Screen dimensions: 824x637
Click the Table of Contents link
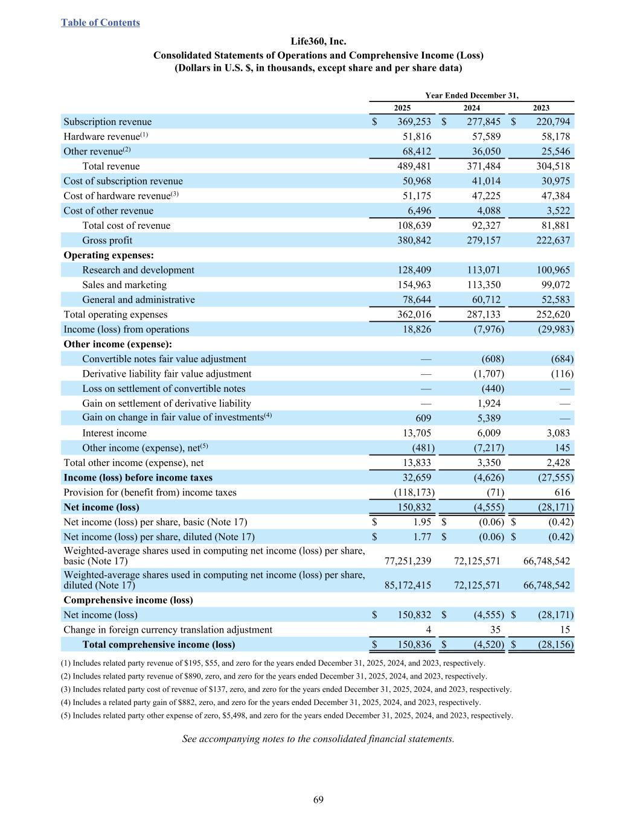[x=100, y=23]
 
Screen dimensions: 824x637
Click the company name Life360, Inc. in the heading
[x=318, y=42]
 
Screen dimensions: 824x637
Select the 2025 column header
[x=402, y=108]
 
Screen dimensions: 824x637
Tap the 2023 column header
[x=541, y=108]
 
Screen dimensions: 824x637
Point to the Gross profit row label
[x=107, y=240]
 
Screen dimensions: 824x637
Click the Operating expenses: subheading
[x=109, y=255]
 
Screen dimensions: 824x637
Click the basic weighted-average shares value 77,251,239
[x=408, y=561]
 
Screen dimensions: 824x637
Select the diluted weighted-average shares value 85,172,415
[x=408, y=585]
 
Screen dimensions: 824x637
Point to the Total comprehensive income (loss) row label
[x=158, y=645]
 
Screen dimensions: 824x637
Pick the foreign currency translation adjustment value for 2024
[x=495, y=630]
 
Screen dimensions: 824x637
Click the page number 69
[x=318, y=800]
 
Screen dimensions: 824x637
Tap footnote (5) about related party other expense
[x=287, y=716]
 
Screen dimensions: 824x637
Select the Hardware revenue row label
[x=101, y=137]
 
